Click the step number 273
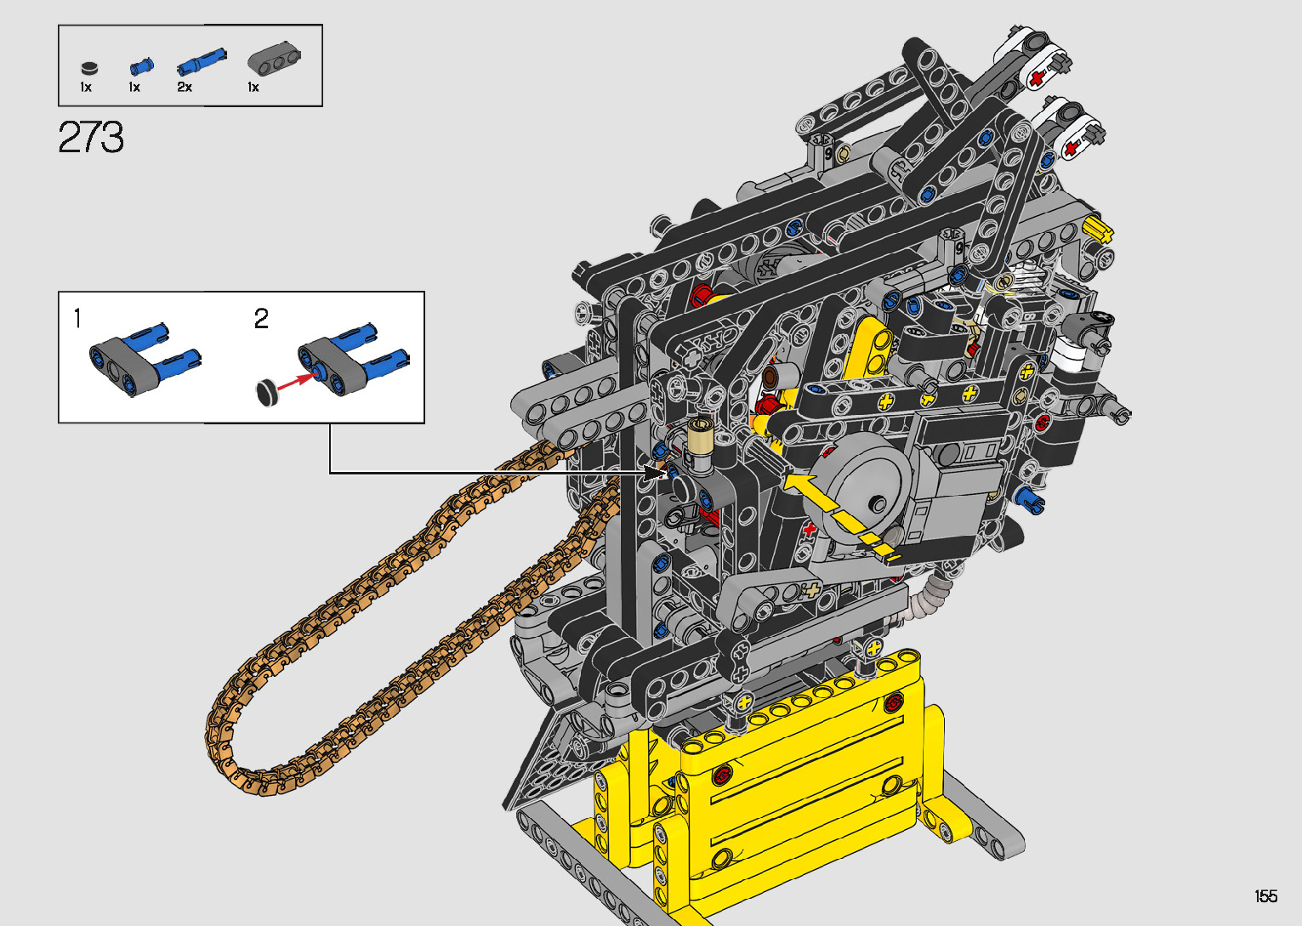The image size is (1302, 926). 91,137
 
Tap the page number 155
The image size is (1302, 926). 1266,895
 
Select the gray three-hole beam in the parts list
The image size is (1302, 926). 274,58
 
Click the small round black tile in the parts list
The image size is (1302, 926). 88,68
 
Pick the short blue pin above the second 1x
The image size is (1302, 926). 141,66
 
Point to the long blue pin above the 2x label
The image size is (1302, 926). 201,62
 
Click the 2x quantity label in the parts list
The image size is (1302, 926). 185,88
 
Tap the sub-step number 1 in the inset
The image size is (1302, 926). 77,319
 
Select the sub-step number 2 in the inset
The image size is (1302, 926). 261,319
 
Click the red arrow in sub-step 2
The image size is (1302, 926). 297,381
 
